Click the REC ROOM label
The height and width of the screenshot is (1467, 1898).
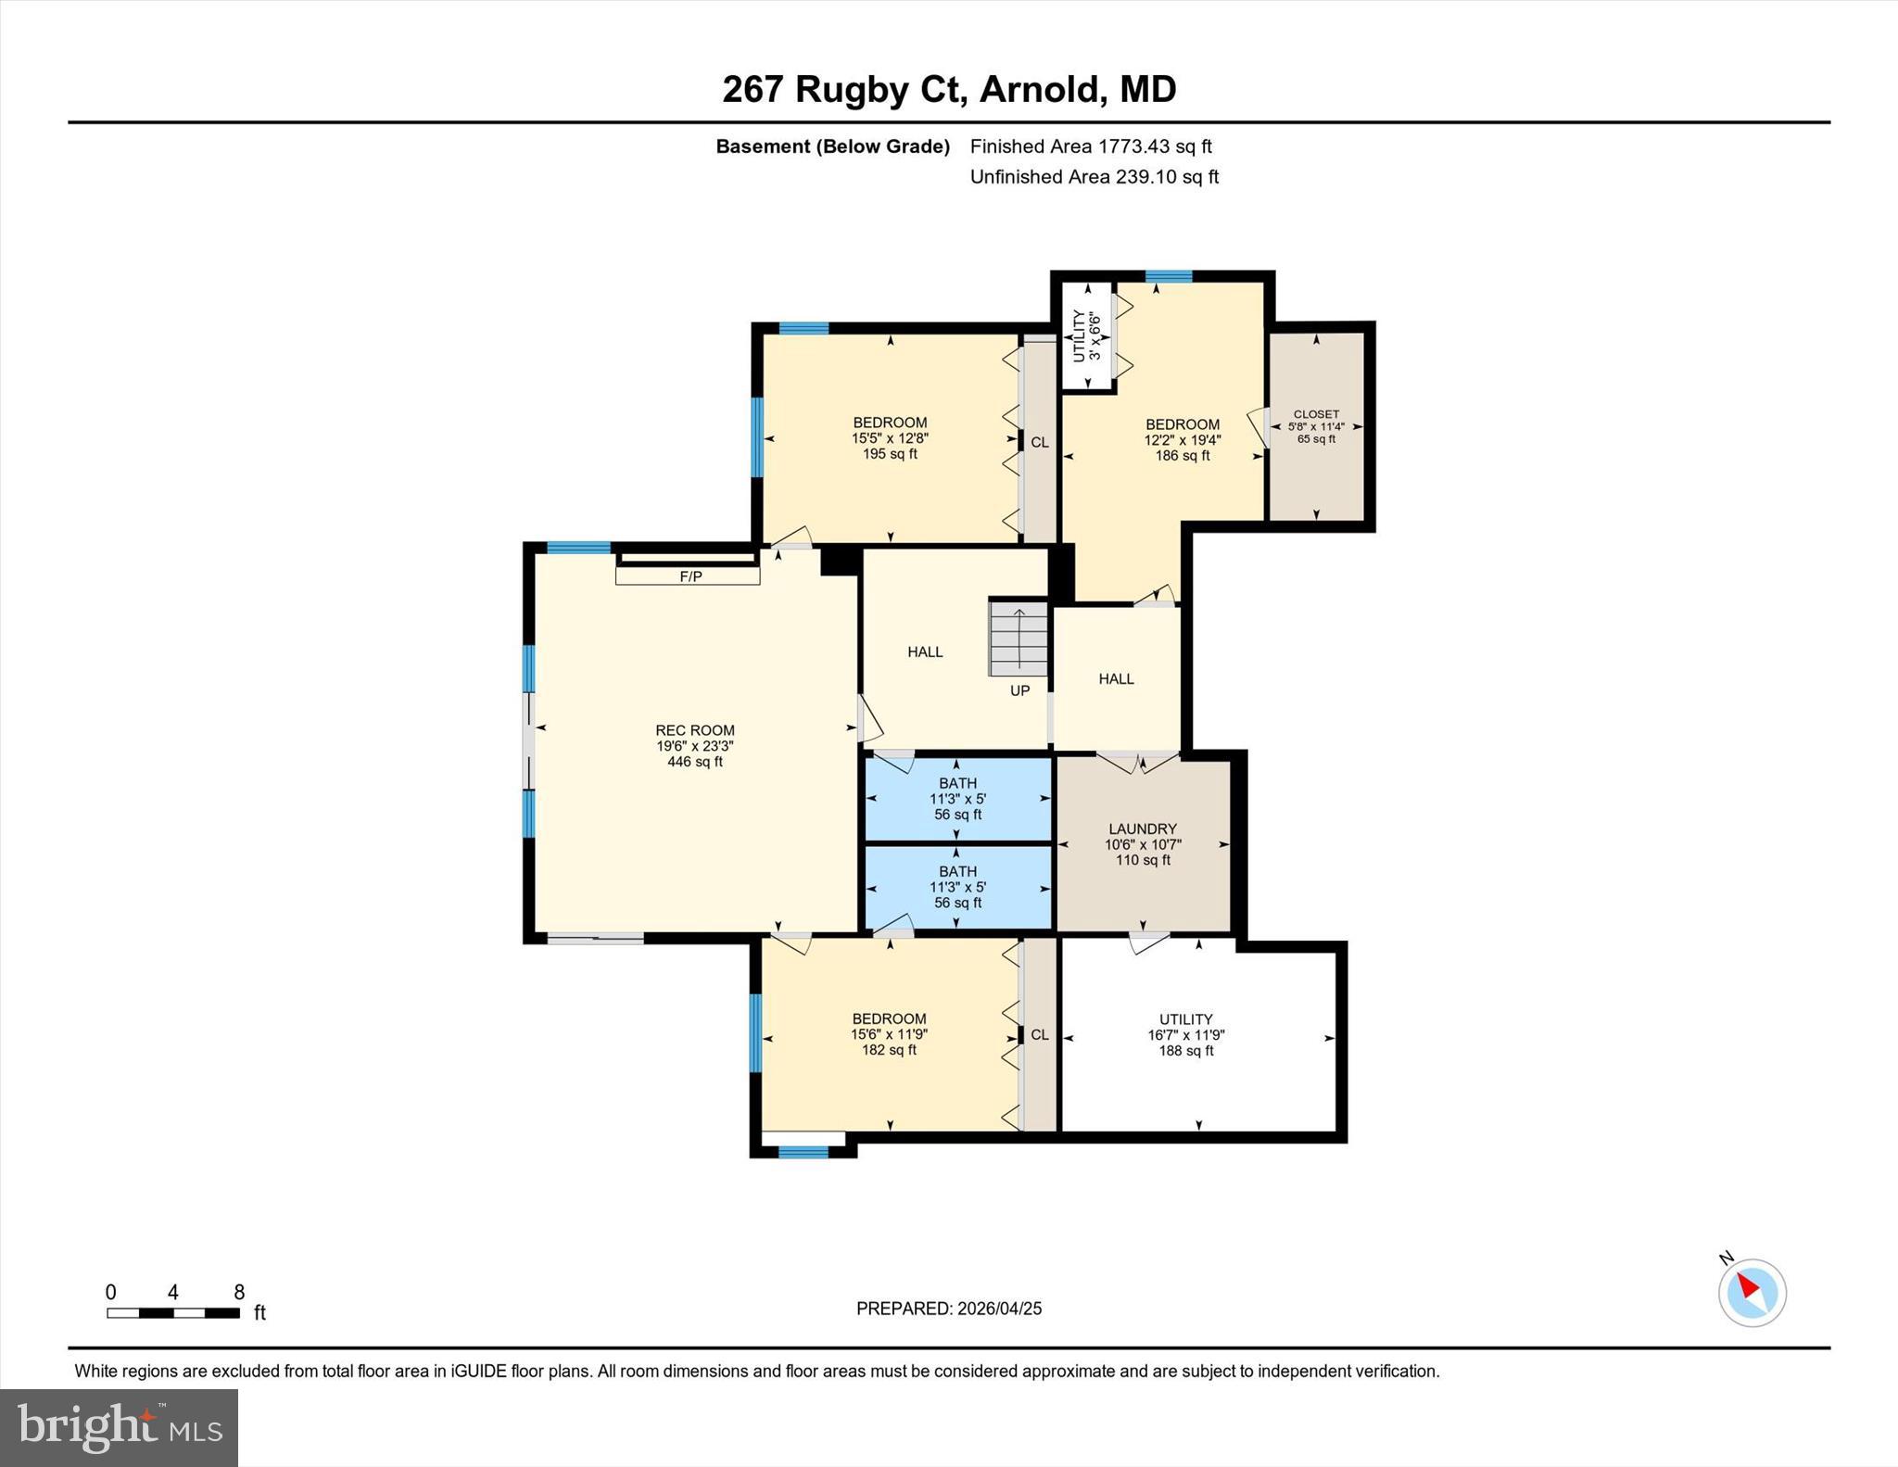(694, 731)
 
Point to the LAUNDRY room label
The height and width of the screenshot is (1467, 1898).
(1142, 829)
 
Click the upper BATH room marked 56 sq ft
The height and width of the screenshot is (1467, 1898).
(957, 799)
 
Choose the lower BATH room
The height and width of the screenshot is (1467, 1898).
(957, 887)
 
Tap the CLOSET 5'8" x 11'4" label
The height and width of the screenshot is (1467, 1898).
(1315, 426)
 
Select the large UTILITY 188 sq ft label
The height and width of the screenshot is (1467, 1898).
(1185, 1034)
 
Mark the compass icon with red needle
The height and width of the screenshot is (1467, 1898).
(1751, 1292)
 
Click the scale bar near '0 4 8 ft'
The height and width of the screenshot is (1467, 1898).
(173, 1312)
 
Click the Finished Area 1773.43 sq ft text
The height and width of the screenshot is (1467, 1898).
(1090, 146)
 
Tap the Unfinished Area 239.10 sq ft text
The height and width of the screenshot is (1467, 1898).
(1094, 177)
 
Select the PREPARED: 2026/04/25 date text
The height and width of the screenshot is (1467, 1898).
(948, 1309)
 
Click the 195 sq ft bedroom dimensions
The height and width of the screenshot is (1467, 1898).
(890, 438)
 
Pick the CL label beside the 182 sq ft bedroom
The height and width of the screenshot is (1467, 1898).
(1039, 1034)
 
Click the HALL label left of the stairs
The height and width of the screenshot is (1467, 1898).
(924, 652)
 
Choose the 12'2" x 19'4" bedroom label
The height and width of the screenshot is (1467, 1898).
(1182, 440)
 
